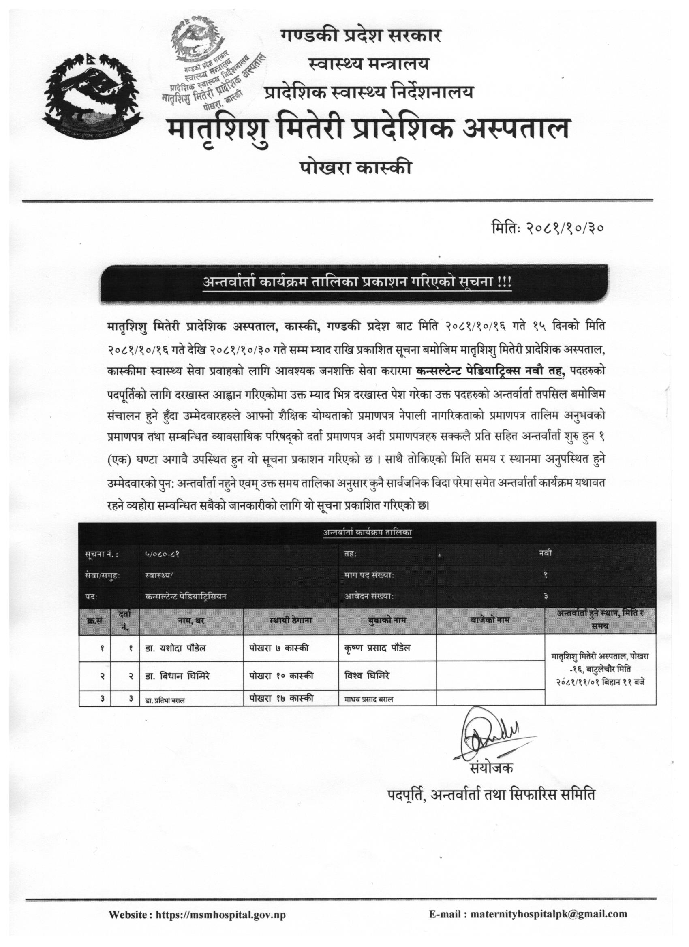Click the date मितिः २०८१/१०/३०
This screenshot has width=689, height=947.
click(548, 228)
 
